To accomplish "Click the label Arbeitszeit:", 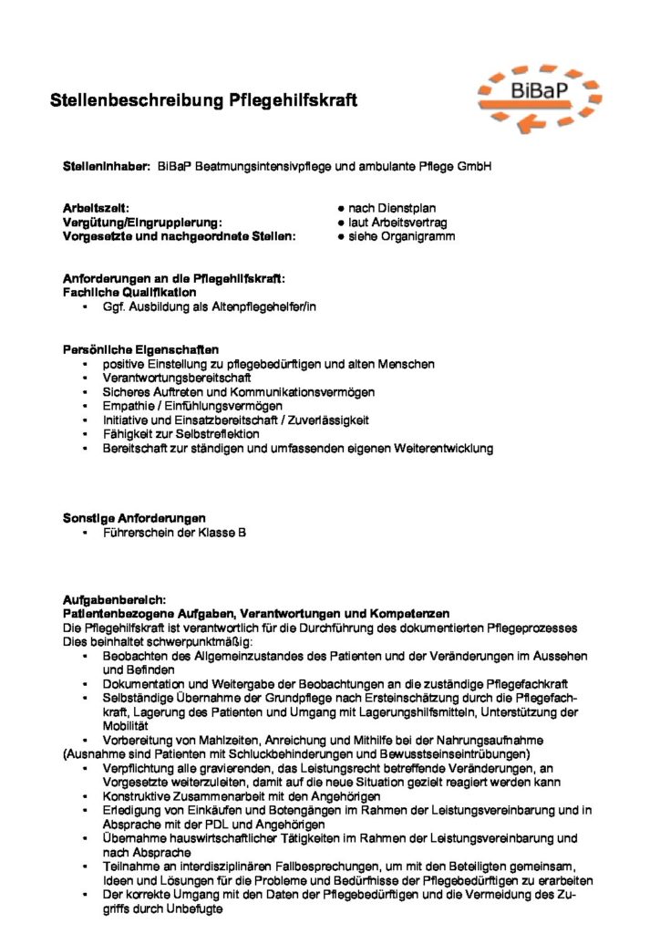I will pos(96,209).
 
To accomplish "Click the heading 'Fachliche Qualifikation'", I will pos(129,293).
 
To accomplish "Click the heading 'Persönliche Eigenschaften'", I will pos(139,349).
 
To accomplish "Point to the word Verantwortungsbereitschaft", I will pos(176,378).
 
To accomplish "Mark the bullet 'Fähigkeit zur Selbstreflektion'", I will pos(181,434).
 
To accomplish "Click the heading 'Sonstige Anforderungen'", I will pos(134,518).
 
